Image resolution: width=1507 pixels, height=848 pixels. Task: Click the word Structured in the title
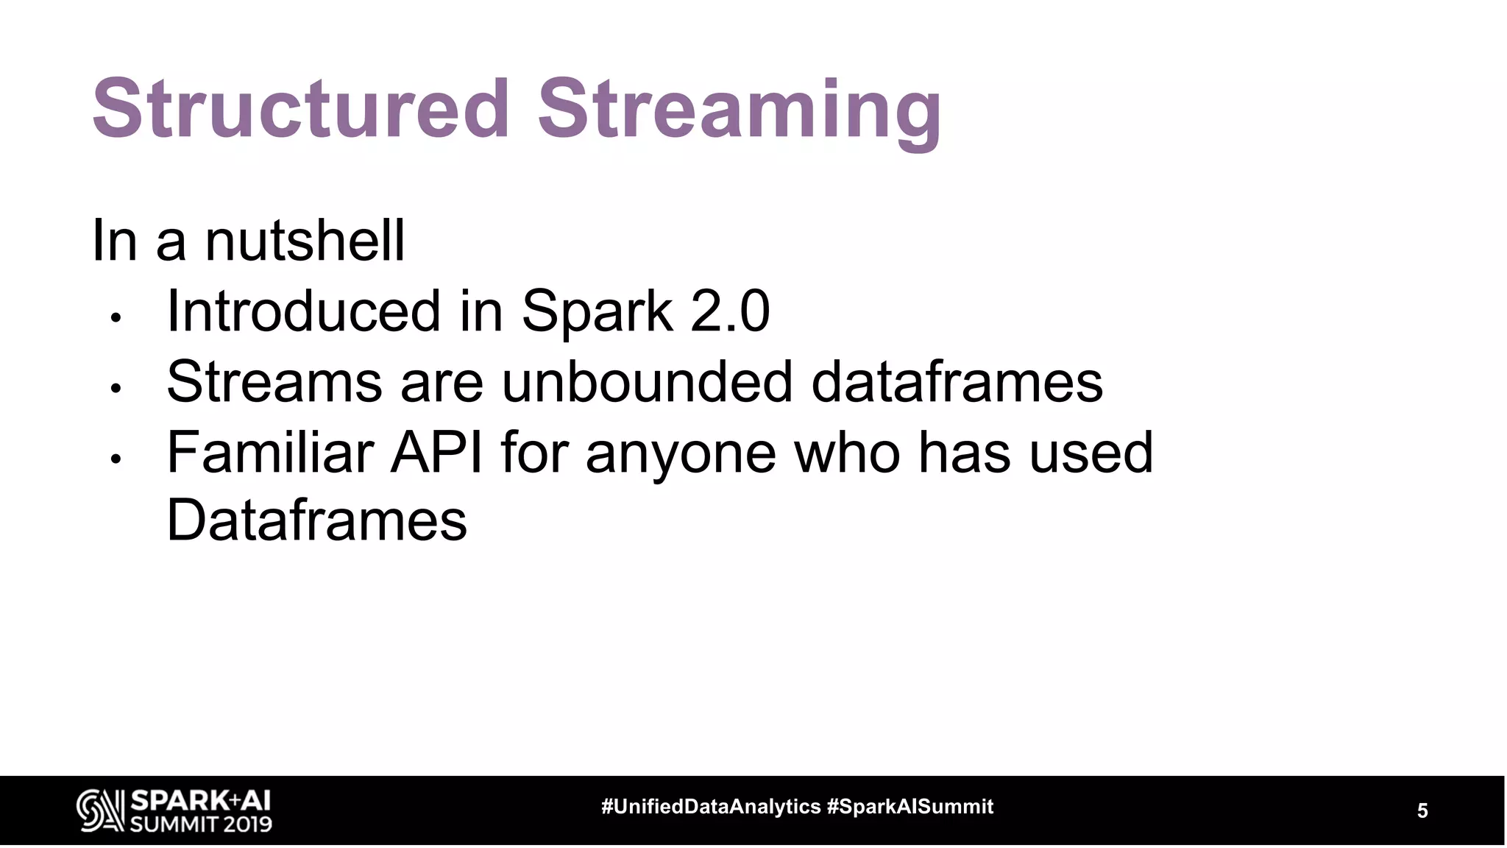301,109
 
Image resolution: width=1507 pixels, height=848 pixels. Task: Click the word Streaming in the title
739,112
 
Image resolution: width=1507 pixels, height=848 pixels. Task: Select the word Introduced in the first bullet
304,311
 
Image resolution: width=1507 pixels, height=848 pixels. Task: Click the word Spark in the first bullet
597,312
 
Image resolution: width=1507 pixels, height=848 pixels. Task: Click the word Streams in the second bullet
274,381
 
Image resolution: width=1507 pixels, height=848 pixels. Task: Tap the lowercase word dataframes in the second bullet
957,381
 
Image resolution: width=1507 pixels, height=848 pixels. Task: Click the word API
436,452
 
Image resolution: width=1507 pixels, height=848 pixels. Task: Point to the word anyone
681,453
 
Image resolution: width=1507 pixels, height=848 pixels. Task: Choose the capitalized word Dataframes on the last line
316,520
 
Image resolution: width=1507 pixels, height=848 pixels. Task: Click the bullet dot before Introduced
115,318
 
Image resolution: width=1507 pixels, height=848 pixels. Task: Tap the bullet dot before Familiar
115,459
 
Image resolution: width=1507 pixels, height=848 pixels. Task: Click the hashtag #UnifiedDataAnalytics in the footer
711,807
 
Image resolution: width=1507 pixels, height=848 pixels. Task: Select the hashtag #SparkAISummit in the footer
910,807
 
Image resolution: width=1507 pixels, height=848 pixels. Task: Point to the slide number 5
1422,811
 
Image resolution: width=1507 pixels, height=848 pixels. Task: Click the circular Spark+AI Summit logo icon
100,811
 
